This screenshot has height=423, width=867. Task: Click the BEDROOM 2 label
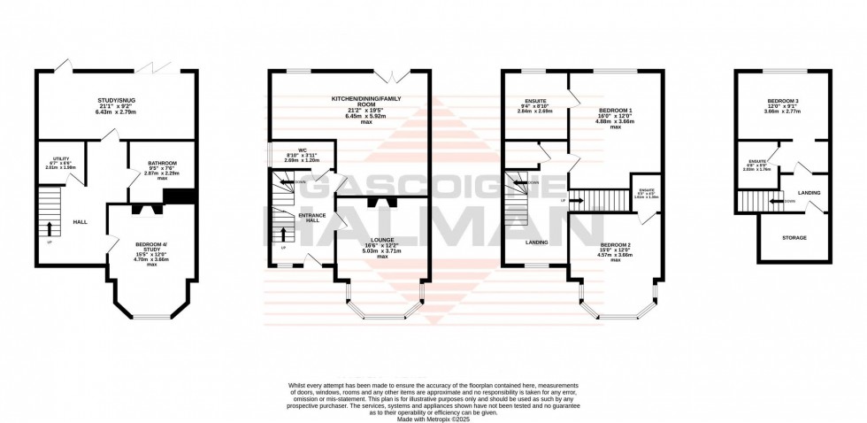tap(617, 244)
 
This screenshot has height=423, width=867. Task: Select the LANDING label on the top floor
tap(808, 192)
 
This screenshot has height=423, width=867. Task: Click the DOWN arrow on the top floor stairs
tap(778, 201)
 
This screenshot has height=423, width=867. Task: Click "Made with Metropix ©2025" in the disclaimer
tap(433, 418)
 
